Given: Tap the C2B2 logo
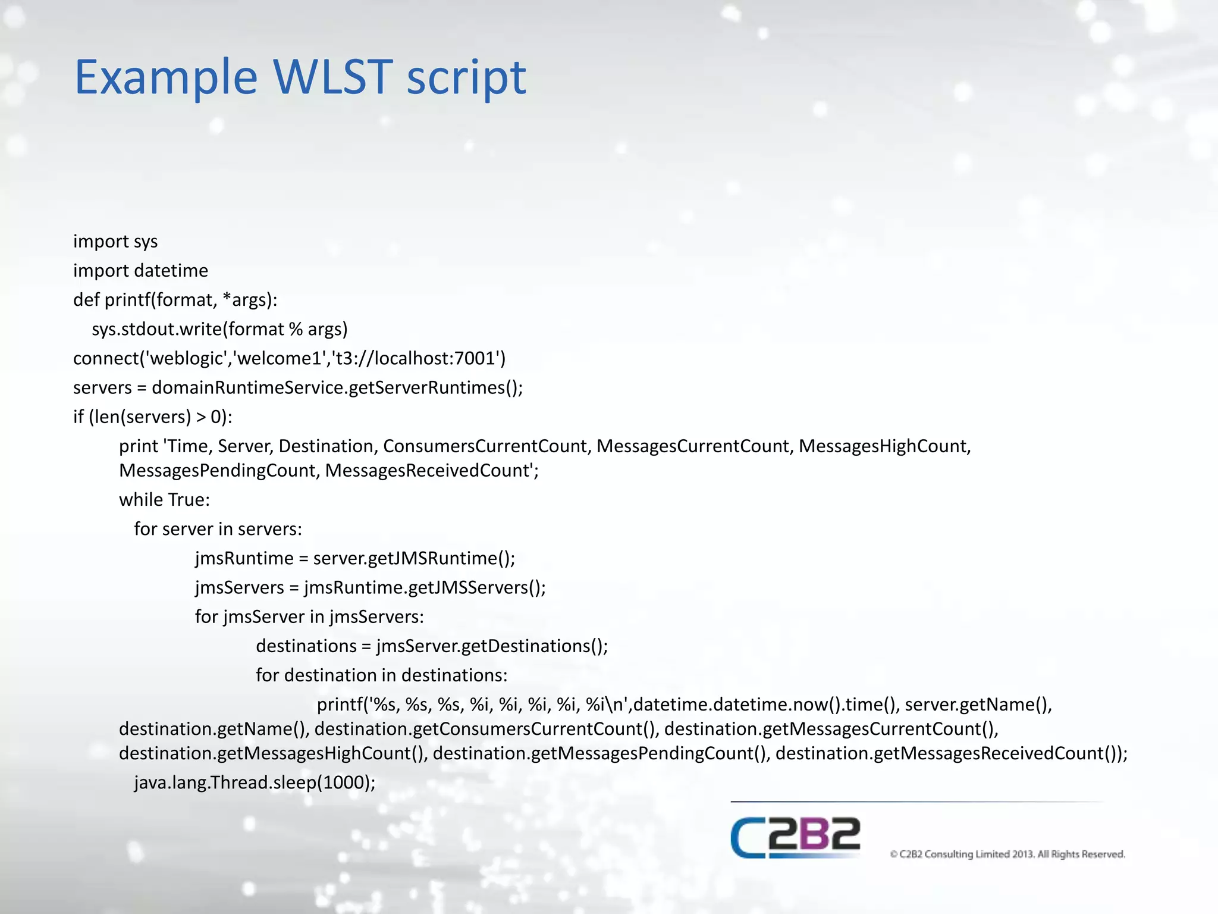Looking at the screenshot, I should [795, 837].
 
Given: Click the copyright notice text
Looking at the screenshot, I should [1007, 854].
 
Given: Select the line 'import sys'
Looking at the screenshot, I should [115, 242].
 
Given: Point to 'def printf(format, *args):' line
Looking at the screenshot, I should [175, 300].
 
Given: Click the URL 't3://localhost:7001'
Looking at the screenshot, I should [415, 358].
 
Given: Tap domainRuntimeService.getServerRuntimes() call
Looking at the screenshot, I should [337, 387].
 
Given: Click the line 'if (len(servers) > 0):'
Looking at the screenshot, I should [152, 417].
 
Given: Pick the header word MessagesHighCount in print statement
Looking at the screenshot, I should [884, 446].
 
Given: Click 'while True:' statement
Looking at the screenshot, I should [164, 500].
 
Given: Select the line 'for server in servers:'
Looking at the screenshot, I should [218, 529].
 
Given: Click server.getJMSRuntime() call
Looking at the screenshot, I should [413, 558].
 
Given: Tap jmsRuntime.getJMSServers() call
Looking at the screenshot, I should [424, 587].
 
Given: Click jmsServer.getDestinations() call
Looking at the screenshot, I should [491, 646].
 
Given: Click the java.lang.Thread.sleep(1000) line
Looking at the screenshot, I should [255, 782].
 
